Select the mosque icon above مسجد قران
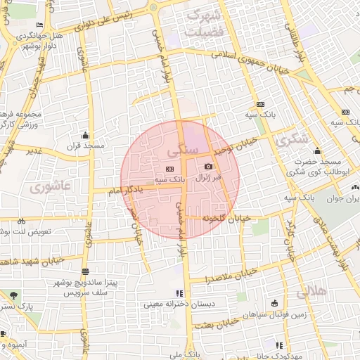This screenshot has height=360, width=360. click(x=86, y=135)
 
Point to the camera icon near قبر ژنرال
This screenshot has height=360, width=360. click(x=208, y=166)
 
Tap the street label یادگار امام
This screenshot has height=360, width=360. click(x=126, y=189)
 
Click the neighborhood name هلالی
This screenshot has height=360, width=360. click(x=311, y=291)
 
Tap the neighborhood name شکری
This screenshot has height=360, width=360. click(x=292, y=140)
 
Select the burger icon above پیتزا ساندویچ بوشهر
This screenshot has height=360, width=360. click(x=85, y=271)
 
